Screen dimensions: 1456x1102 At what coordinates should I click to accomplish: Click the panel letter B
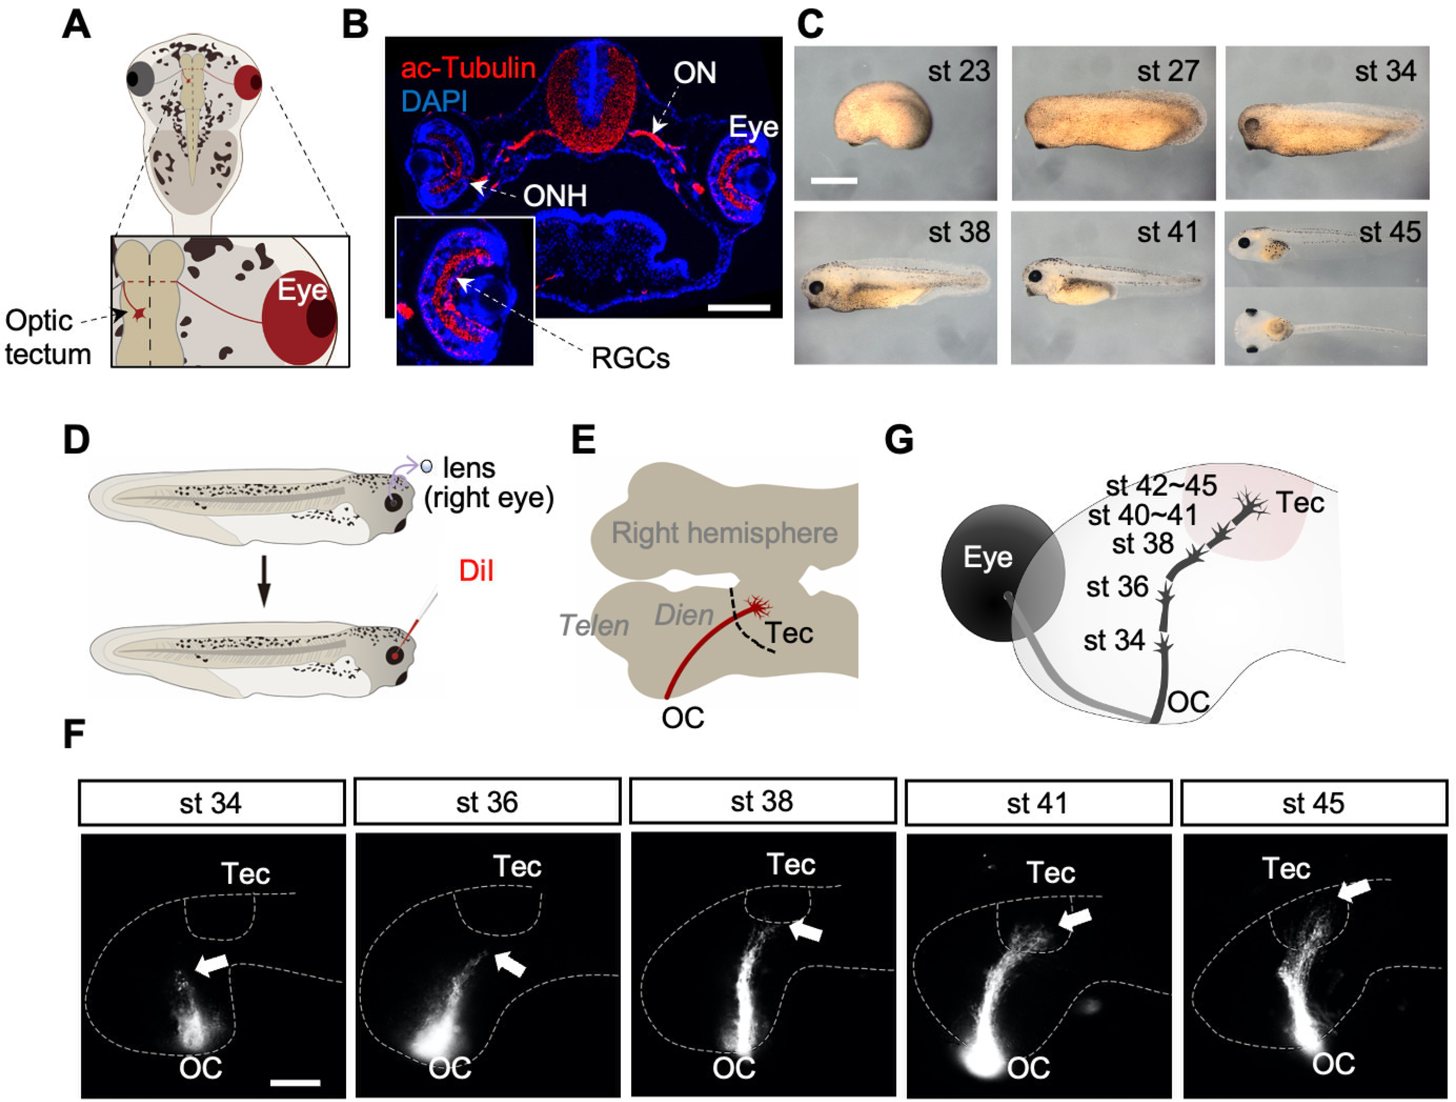point(356,26)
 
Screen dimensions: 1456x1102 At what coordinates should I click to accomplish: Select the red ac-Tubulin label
point(468,68)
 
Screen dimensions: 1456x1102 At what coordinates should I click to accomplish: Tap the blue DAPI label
point(434,101)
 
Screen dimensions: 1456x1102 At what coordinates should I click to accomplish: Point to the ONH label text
point(555,195)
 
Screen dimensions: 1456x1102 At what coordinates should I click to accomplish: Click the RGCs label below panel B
point(630,359)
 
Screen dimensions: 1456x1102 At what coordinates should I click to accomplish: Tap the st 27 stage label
point(1168,70)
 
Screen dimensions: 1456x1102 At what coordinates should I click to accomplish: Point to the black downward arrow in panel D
point(264,581)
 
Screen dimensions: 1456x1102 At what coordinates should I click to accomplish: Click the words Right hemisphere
point(725,533)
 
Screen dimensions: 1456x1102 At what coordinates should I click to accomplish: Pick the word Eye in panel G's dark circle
point(987,557)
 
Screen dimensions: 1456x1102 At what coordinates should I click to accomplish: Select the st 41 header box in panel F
point(1038,802)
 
